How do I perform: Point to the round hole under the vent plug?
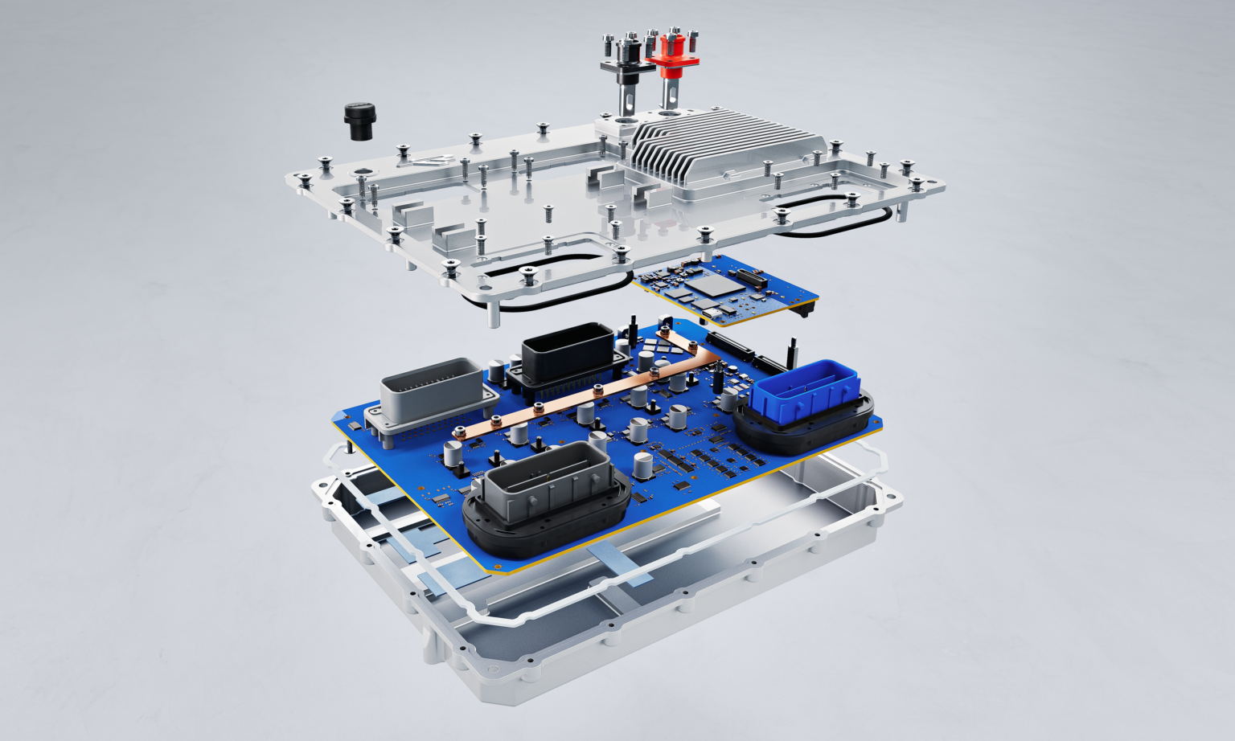363,172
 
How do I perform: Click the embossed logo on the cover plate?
430,160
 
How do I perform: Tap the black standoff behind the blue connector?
791,350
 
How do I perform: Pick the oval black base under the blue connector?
804,426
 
